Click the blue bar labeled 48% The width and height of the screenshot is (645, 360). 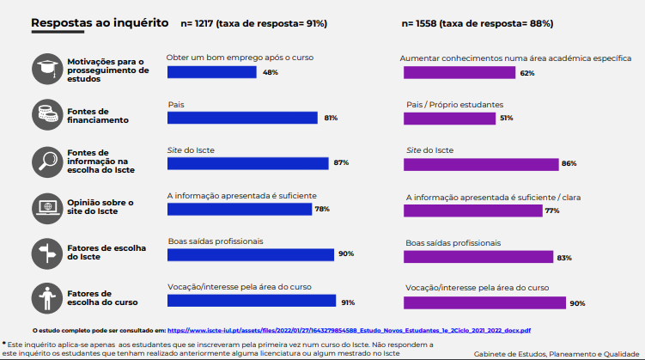pos(211,72)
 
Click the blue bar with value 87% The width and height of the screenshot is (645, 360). pos(247,163)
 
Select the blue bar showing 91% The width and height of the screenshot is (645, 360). pos(251,302)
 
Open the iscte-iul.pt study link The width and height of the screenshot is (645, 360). pos(349,329)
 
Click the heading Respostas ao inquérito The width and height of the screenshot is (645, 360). pos(99,23)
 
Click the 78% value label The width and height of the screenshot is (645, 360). pos(323,209)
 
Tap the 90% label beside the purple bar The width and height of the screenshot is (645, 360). pos(577,302)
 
